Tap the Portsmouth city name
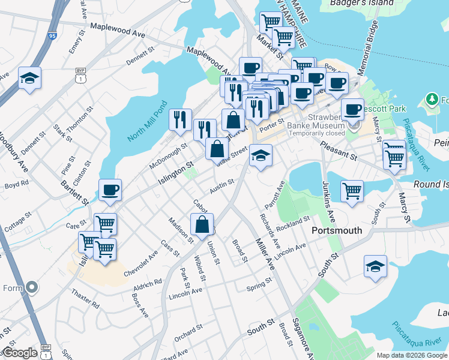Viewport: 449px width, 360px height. (x=337, y=230)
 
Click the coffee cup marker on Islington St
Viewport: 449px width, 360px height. (x=110, y=190)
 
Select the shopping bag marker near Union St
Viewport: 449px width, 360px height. (x=202, y=225)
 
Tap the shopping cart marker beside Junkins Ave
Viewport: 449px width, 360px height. (x=352, y=191)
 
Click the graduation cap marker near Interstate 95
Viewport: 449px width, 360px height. (x=29, y=78)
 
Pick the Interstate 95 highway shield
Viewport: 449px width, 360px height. (x=51, y=37)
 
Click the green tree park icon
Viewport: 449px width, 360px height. (x=431, y=98)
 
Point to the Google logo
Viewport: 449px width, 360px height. (x=20, y=353)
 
